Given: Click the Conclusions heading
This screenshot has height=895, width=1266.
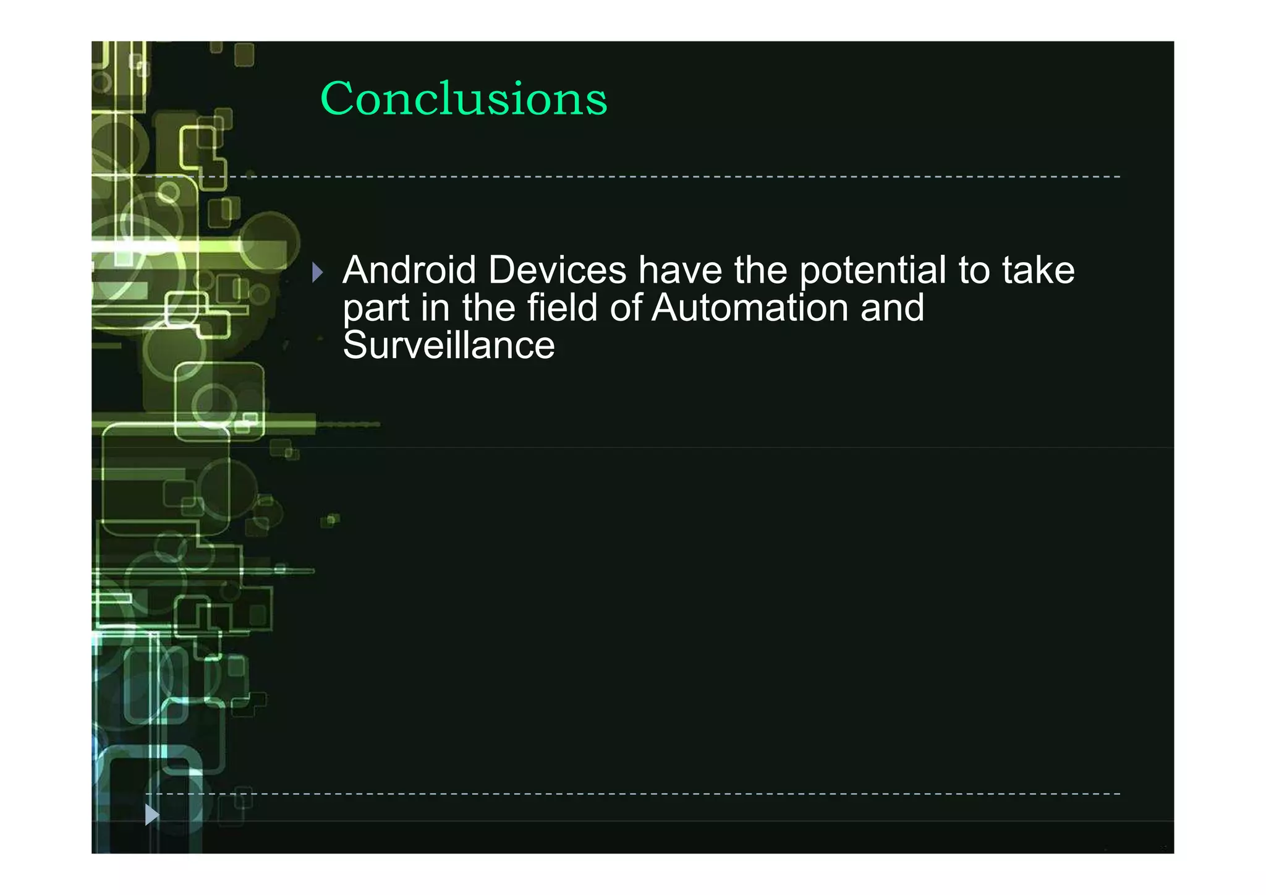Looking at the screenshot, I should tap(464, 98).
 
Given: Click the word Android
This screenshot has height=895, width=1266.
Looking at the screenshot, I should tap(409, 270).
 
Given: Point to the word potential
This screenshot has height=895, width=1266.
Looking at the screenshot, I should tap(872, 272).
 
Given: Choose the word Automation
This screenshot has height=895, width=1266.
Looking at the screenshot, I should tap(750, 307).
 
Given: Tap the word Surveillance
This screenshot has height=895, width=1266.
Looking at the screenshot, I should tap(449, 345).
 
